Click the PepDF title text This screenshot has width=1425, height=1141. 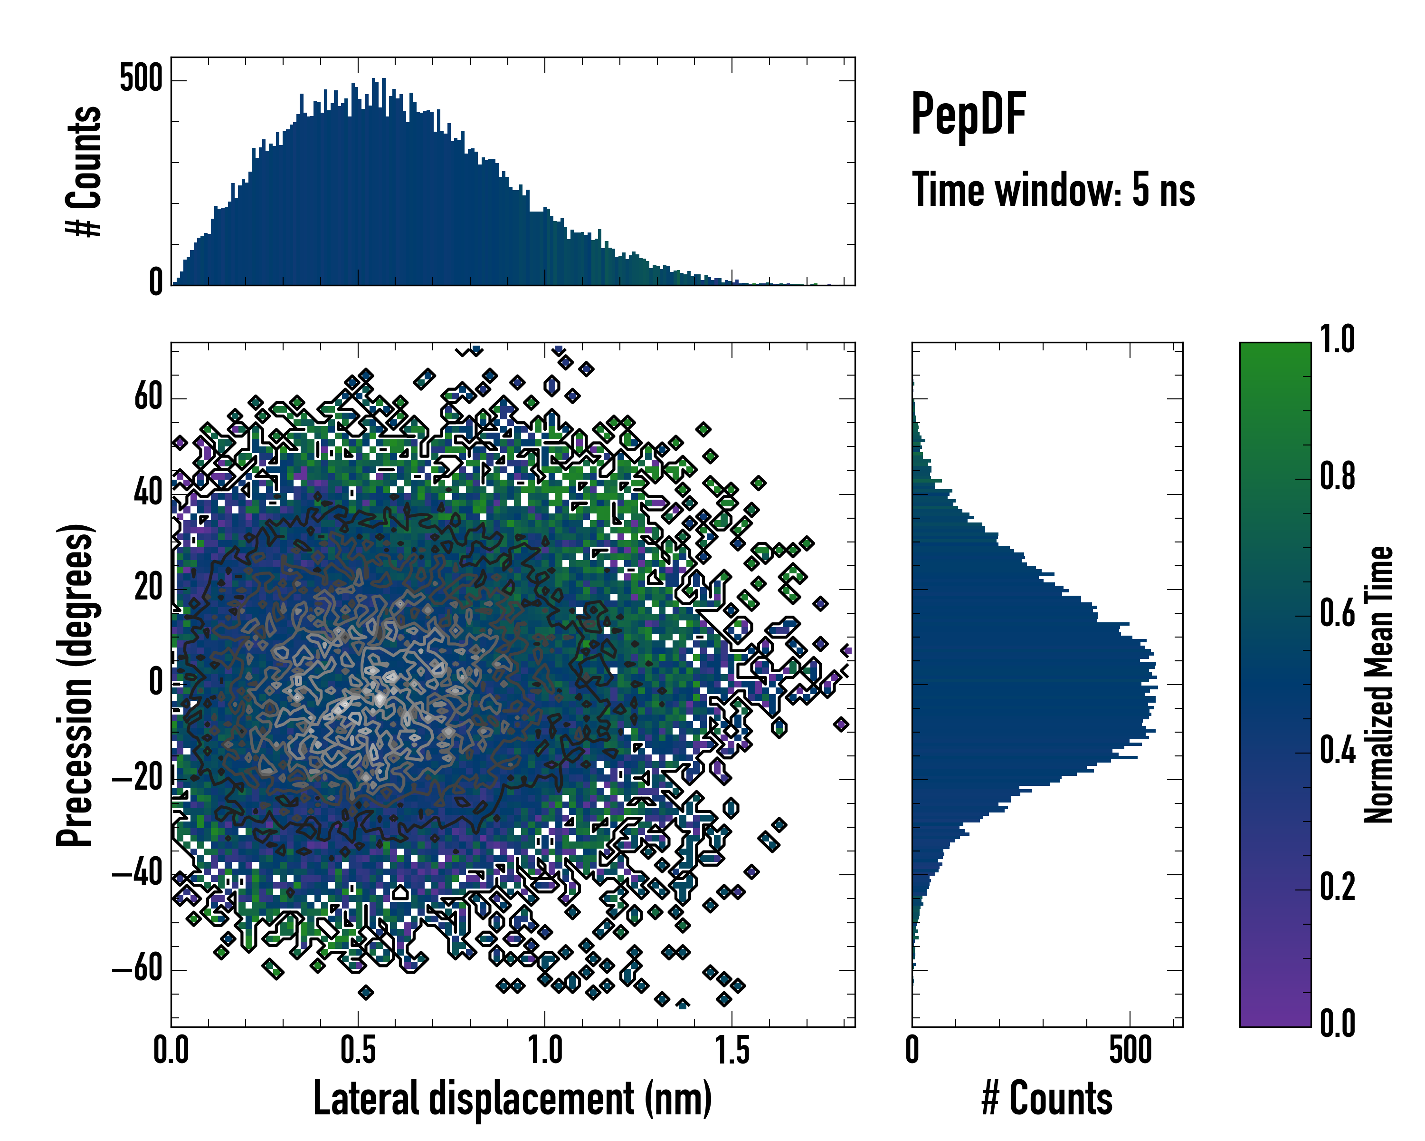coord(968,115)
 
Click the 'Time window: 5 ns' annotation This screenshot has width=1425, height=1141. coord(1053,190)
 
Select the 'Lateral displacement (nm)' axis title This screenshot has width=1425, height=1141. coord(512,1098)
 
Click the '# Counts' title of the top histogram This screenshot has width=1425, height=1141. coord(84,171)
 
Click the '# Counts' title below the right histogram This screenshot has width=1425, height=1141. coord(1047,1098)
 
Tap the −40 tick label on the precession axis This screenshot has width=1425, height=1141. coord(137,874)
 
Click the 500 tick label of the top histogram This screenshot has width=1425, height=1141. coord(140,79)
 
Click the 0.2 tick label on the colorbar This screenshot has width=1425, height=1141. coord(1337,887)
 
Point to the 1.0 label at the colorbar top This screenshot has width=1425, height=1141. coord(1337,339)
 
